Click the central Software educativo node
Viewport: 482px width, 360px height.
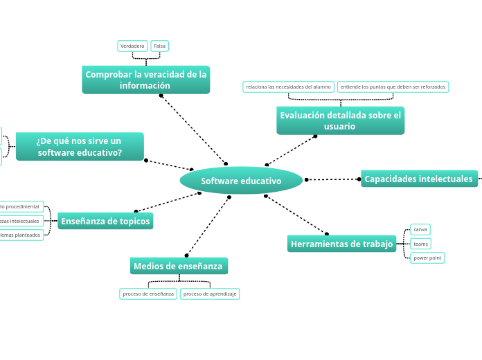241,181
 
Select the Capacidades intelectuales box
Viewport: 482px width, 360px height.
418,179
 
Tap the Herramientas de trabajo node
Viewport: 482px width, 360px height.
341,244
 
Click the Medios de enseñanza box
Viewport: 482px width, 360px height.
178,266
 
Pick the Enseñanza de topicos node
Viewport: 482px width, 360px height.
105,221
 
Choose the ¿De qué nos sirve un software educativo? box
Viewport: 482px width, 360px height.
80,147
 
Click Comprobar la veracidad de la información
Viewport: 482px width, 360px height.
145,80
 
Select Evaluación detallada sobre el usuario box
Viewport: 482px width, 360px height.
340,120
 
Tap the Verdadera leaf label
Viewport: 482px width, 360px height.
132,46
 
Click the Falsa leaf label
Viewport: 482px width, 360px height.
159,46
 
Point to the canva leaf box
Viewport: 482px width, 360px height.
420,229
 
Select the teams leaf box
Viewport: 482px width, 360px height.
420,244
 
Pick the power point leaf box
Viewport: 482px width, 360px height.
427,258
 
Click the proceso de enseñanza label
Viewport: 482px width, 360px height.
148,294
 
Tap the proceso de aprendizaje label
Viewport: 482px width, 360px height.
210,294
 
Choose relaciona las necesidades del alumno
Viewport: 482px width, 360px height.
288,87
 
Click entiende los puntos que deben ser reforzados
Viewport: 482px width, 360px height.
393,87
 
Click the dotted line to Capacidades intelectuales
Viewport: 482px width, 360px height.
332,179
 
